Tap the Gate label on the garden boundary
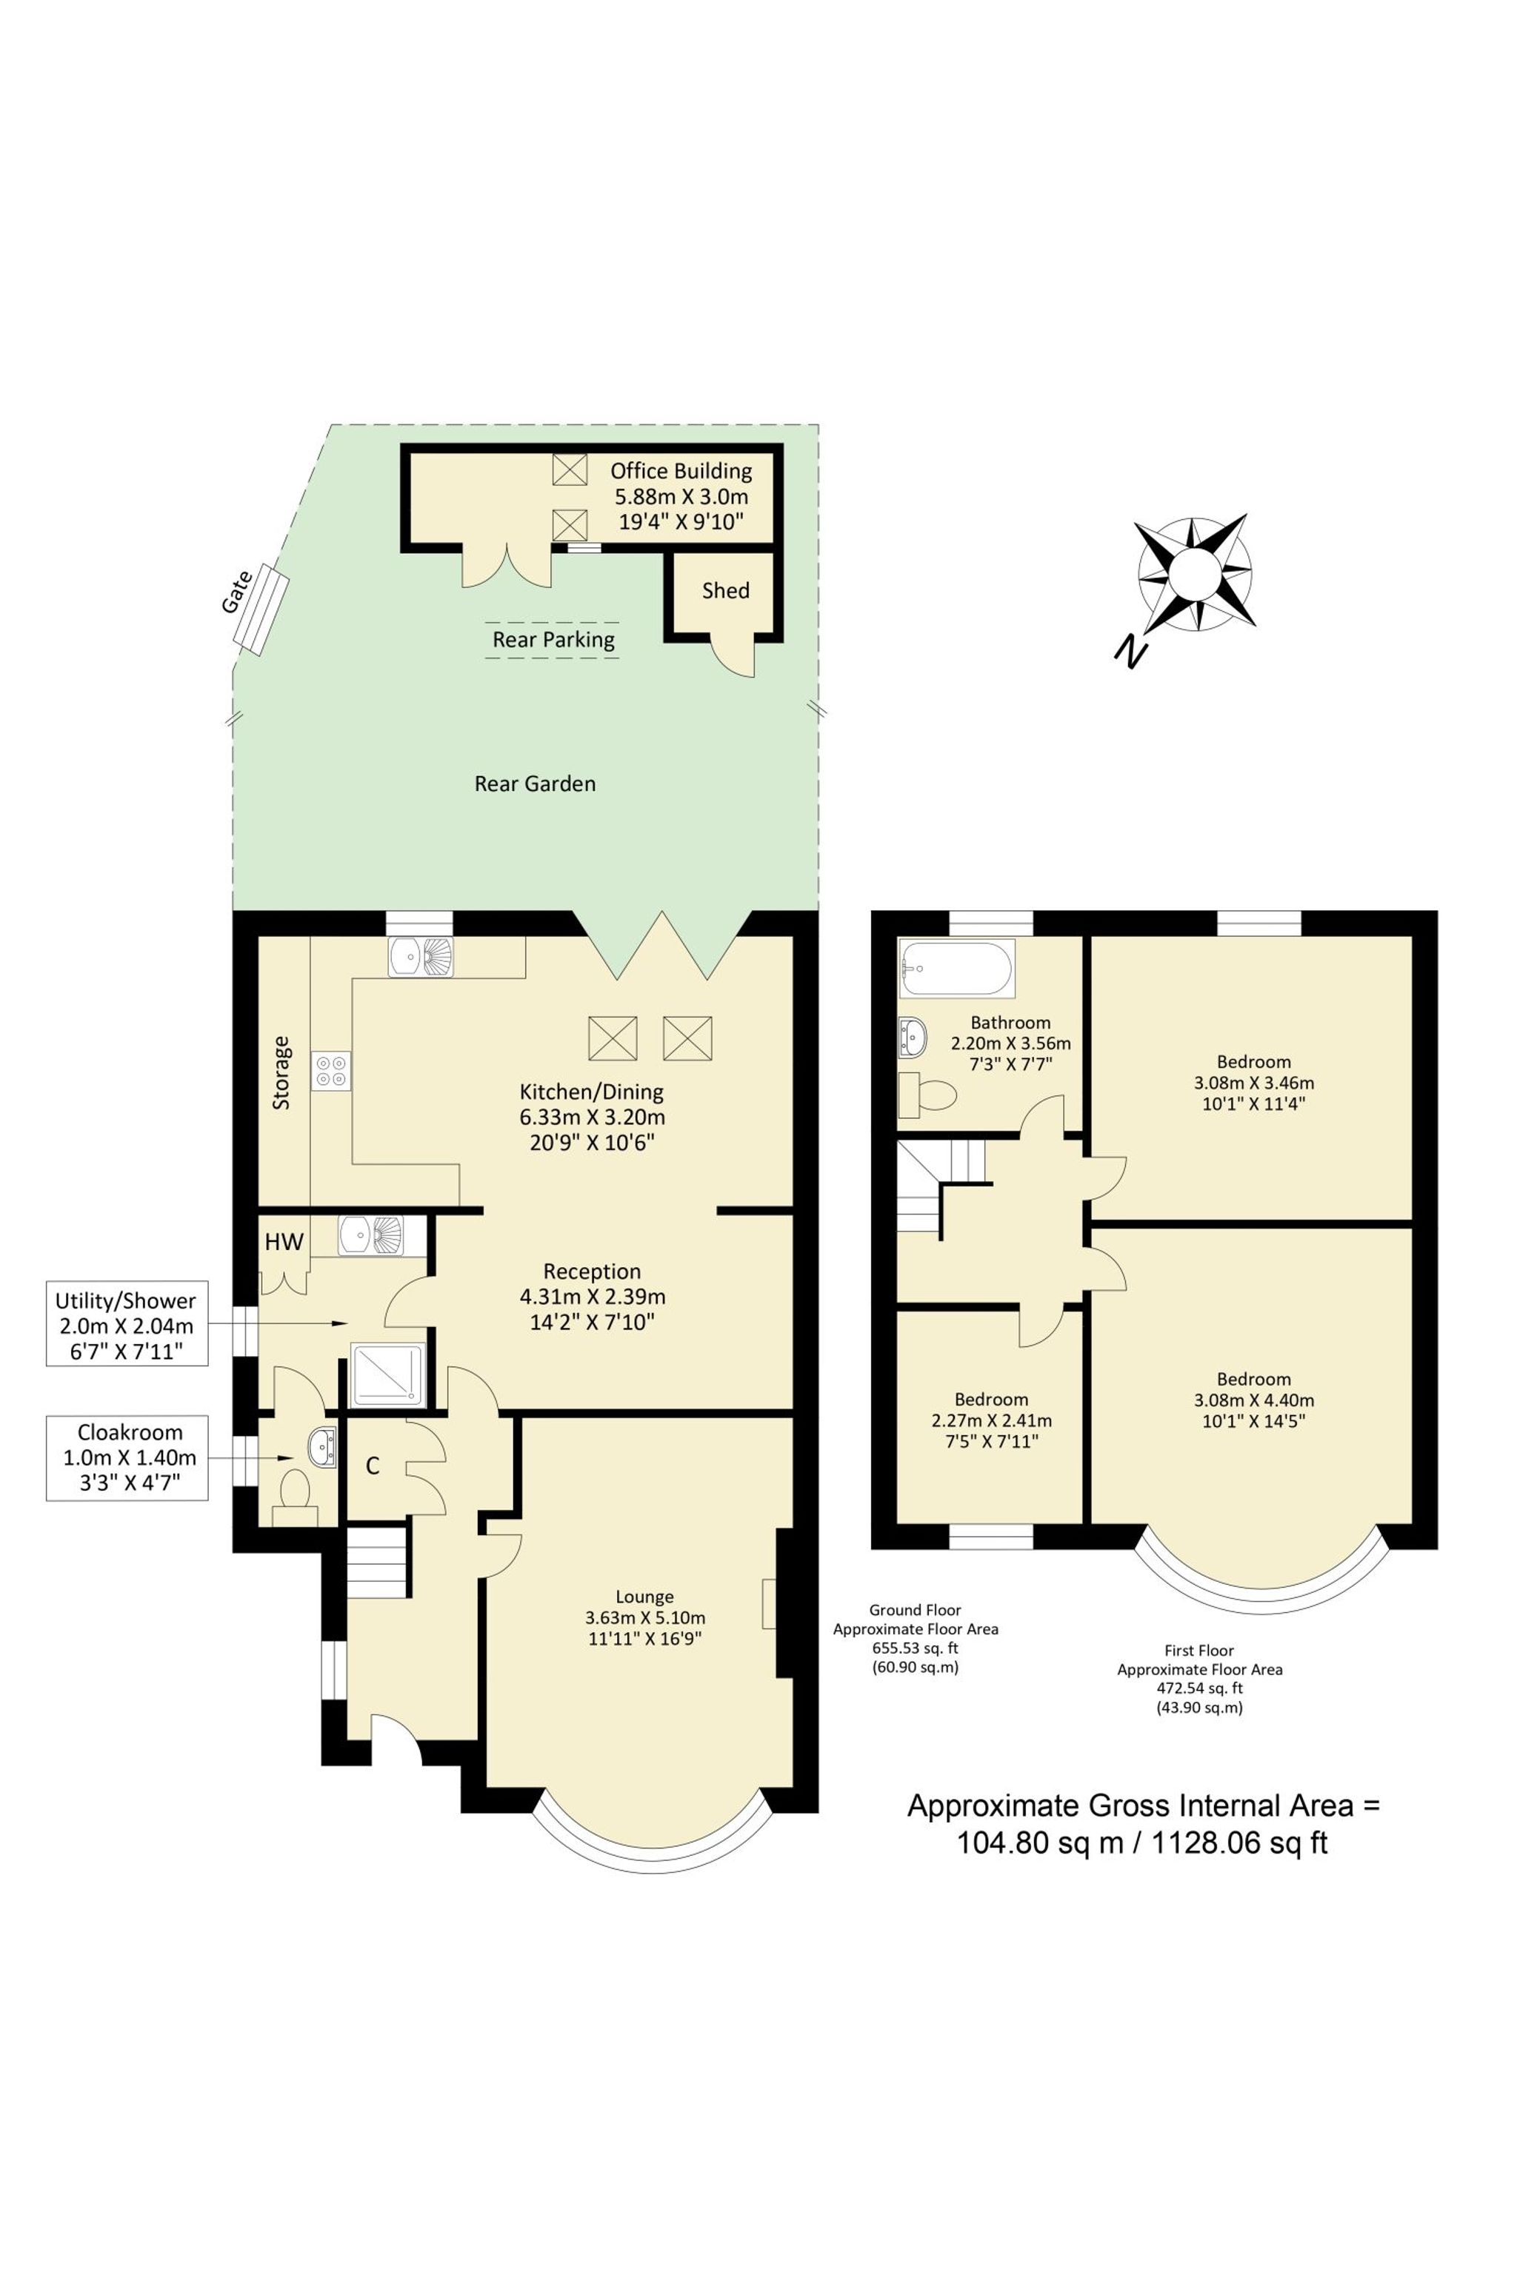237,592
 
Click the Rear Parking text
553,639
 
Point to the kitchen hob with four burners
331,1072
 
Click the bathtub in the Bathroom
956,967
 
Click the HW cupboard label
284,1243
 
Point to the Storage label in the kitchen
281,1072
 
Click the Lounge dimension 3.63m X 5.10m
645,1617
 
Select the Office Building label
681,471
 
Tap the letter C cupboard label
373,1466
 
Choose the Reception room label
592,1271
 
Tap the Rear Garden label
535,784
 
